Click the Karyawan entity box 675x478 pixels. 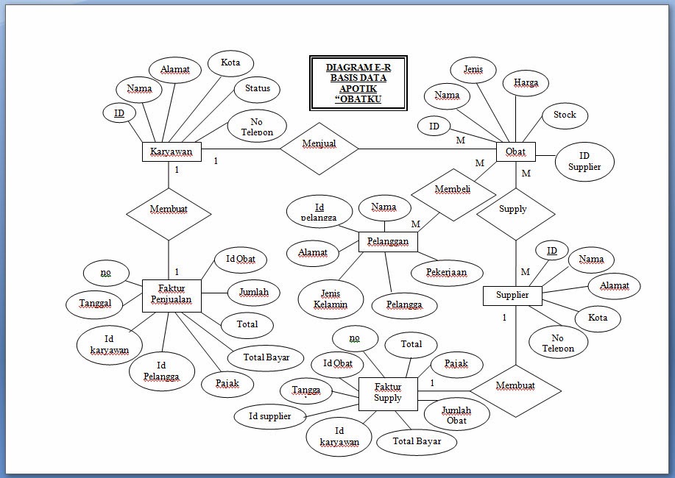coord(171,152)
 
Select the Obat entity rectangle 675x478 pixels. coord(515,151)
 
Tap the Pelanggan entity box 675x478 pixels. coord(388,242)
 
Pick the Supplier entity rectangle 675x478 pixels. coord(512,296)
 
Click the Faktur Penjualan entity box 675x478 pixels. coord(171,294)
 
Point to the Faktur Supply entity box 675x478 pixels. coord(388,393)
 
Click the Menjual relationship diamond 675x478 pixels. coord(319,148)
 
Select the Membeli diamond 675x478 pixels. coord(452,190)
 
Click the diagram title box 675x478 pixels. coord(358,83)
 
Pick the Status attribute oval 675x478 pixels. coord(257,89)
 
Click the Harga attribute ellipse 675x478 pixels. coord(526,83)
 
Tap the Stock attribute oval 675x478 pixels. coord(565,115)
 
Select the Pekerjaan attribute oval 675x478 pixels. coord(446,272)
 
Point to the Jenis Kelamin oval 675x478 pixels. coord(331,299)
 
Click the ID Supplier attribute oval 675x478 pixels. coord(584,161)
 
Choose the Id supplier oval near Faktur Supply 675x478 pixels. coord(269,417)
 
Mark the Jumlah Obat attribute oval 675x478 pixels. coord(456,415)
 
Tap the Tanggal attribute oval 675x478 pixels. coord(95,303)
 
